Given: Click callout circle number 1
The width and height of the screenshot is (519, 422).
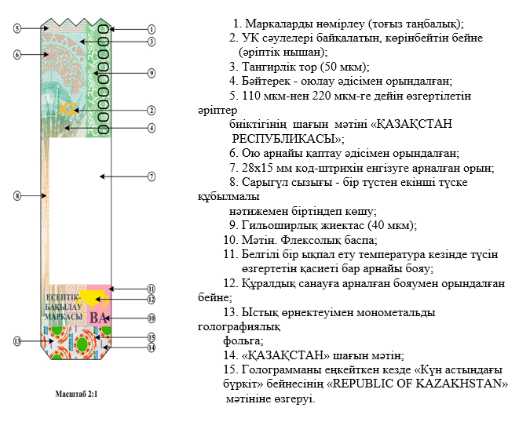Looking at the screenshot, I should pyautogui.click(x=151, y=29).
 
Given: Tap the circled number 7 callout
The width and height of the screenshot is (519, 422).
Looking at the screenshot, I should pyautogui.click(x=152, y=176).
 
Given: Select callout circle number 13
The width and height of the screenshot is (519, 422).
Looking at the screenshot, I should pyautogui.click(x=16, y=341).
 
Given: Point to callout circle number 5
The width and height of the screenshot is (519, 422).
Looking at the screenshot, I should pyautogui.click(x=16, y=28).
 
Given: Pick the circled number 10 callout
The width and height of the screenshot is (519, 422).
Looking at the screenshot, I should pyautogui.click(x=152, y=318).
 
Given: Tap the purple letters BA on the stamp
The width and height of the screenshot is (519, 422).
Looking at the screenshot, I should pyautogui.click(x=98, y=318).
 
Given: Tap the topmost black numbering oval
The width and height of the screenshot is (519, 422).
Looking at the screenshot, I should pyautogui.click(x=103, y=31).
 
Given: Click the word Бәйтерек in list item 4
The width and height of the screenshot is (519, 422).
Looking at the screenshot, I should pyautogui.click(x=268, y=80).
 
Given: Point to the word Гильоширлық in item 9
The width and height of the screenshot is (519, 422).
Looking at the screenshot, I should pyautogui.click(x=275, y=225).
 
